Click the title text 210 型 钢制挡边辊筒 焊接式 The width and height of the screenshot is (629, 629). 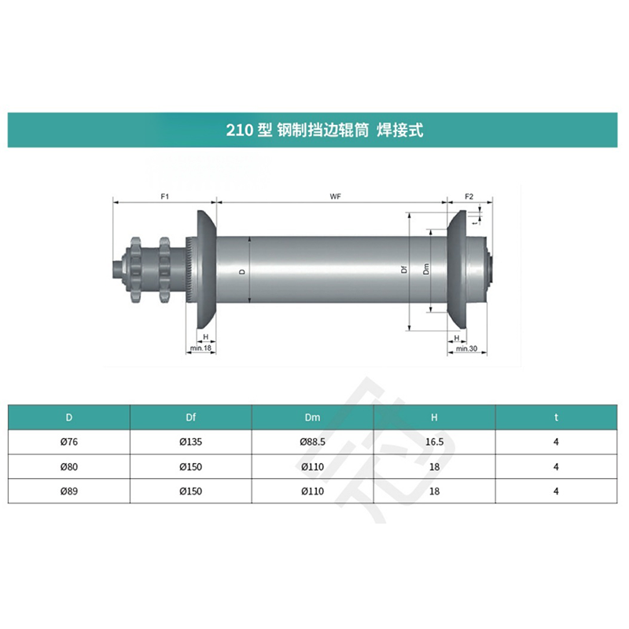tap(325, 130)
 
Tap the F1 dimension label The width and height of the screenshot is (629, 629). tap(165, 197)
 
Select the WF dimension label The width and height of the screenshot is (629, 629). tap(336, 197)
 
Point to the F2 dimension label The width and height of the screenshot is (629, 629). tap(469, 197)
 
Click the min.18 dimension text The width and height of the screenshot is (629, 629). tap(200, 348)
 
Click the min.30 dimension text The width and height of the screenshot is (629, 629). tap(466, 348)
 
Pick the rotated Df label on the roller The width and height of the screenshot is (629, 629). tap(404, 270)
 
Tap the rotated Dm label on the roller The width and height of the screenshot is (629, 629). tap(426, 269)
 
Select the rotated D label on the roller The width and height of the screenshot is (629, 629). tap(242, 271)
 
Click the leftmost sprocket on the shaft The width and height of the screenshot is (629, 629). tap(135, 269)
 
